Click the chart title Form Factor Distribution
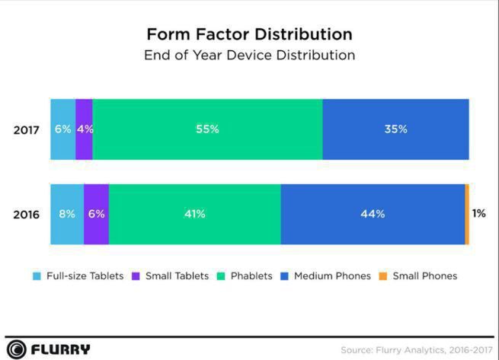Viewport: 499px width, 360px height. (249, 34)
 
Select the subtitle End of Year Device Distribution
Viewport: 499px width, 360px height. (249, 56)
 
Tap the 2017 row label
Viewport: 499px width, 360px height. (26, 129)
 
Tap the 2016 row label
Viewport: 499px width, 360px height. (26, 215)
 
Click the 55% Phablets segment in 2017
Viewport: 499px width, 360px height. (206, 129)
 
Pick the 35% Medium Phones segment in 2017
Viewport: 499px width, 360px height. (395, 129)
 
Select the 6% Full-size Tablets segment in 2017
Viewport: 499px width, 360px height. (62, 129)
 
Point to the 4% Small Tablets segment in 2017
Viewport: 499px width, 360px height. (84, 129)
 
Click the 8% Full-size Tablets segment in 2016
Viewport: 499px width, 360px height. (66, 215)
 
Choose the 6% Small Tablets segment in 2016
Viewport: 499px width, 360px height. (96, 215)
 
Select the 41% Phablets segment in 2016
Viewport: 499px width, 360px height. (194, 215)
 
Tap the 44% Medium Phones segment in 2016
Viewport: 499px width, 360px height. (373, 215)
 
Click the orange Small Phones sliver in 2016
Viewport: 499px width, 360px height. (467, 215)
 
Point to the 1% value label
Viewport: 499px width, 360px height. (478, 214)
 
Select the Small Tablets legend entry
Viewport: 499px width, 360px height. (171, 276)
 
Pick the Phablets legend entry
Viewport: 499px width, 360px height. (245, 276)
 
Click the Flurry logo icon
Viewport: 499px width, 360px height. (17, 349)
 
